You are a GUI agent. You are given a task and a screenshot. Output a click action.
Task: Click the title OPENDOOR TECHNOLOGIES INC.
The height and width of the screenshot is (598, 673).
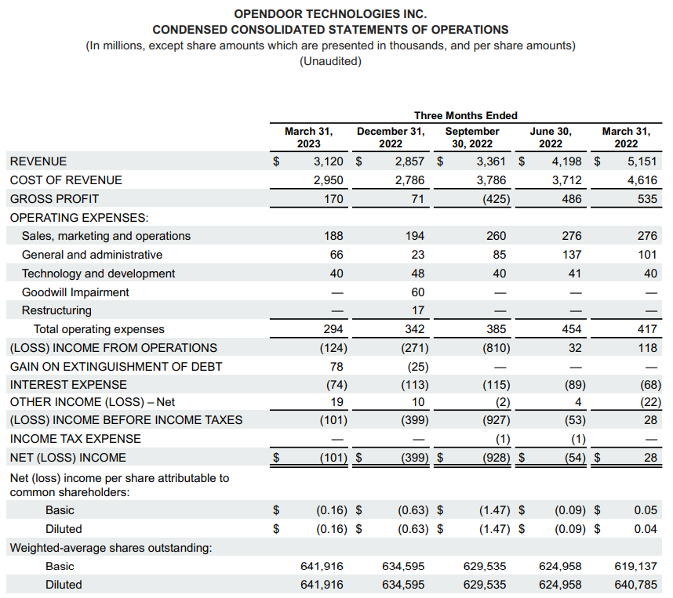coord(330,14)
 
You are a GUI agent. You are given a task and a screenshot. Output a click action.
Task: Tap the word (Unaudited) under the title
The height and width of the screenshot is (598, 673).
coord(330,61)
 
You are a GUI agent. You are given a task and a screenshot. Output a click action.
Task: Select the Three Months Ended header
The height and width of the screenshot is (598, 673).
coord(466,115)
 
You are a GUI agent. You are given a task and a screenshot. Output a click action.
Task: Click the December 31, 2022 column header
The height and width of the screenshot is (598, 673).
coord(391,137)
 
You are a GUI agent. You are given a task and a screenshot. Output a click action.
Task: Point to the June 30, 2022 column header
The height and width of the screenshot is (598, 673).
coord(551,137)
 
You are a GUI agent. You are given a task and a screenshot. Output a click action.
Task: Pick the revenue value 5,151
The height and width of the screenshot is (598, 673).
coord(642,161)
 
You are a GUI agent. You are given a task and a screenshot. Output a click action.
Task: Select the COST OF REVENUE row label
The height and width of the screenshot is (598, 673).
coord(66,180)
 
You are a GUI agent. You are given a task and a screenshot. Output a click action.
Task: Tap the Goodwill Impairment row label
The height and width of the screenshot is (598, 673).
coord(75,292)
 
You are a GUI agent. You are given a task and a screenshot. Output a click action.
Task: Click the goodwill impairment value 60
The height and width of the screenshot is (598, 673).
coord(417,292)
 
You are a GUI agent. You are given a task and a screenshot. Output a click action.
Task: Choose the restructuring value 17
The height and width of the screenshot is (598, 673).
coord(417,310)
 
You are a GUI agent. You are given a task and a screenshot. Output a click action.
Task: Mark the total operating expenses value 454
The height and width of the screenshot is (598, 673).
coord(572,329)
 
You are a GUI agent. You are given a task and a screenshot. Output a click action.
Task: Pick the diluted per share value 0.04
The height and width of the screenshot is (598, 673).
coord(645,529)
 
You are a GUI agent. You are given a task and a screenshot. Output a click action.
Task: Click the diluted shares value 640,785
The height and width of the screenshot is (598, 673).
coord(636,585)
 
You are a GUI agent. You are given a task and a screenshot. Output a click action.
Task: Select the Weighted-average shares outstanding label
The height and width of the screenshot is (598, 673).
coord(111,548)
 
